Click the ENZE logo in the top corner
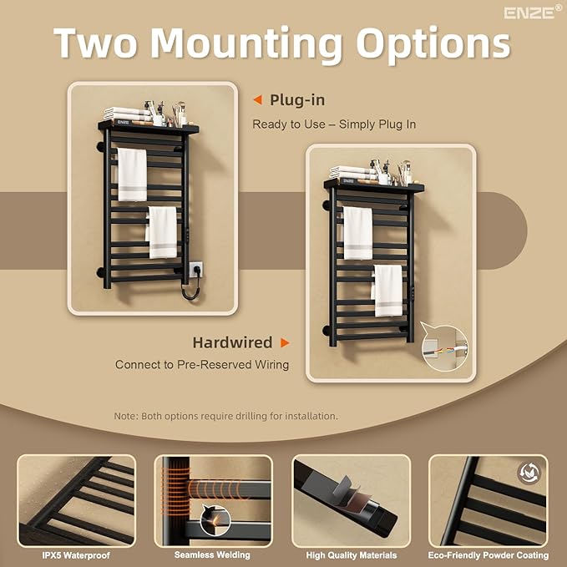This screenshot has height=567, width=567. (533, 13)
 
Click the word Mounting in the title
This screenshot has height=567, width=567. (246, 43)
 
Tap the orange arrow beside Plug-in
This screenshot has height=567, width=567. (257, 100)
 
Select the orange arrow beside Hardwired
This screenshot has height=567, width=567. (285, 342)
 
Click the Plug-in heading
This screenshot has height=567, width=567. (297, 100)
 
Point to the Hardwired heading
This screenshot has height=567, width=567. (232, 342)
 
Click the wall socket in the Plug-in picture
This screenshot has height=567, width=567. (195, 270)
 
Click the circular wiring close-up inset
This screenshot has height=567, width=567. (445, 348)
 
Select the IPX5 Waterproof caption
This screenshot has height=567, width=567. (76, 555)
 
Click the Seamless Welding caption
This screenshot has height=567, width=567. (212, 554)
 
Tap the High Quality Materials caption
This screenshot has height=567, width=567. (351, 555)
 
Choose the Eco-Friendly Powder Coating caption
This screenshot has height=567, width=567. (489, 555)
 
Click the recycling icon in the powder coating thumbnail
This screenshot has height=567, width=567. (529, 473)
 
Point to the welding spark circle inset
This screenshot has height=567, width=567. (215, 520)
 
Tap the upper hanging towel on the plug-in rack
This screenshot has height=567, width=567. (132, 175)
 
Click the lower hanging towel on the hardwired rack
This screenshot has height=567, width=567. (387, 291)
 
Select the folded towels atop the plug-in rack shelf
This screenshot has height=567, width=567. (127, 114)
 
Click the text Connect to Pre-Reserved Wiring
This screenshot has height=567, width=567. (202, 364)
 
